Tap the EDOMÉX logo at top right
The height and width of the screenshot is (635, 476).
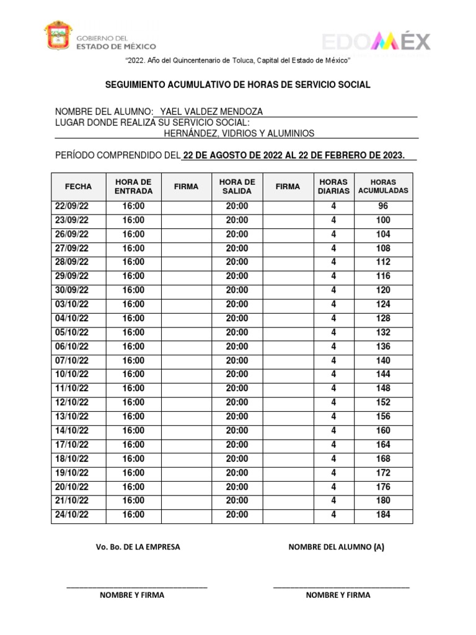click(x=376, y=42)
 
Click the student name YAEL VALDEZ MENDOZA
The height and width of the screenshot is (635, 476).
click(x=211, y=112)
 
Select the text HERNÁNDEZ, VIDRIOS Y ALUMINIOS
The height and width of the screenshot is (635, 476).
click(x=239, y=133)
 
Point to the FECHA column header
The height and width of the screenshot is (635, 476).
click(x=78, y=186)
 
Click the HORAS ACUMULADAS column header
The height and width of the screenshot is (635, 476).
click(x=383, y=186)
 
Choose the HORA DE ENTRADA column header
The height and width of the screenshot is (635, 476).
click(x=133, y=186)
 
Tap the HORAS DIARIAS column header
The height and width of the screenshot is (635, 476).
click(x=333, y=186)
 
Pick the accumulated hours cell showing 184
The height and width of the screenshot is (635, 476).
click(x=383, y=514)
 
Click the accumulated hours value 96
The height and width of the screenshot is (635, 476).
click(x=383, y=206)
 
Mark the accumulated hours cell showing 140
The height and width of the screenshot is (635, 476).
click(x=383, y=360)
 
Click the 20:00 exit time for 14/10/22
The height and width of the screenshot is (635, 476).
click(x=237, y=430)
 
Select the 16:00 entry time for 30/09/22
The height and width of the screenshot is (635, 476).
click(x=133, y=290)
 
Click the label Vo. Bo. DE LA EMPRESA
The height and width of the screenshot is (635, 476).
click(x=138, y=547)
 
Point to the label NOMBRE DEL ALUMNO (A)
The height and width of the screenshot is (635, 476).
click(x=336, y=547)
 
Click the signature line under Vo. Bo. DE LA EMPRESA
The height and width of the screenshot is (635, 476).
click(x=137, y=586)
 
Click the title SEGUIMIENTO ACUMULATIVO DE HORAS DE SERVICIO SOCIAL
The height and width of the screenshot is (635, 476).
click(x=237, y=84)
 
